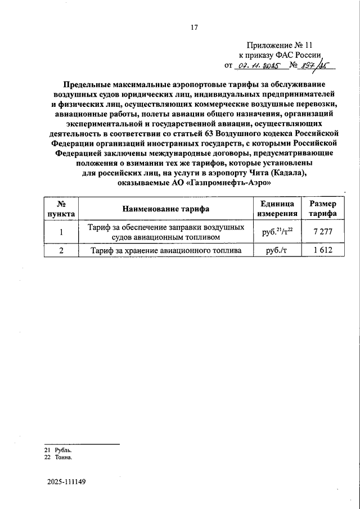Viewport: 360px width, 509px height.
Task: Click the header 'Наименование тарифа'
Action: point(166,209)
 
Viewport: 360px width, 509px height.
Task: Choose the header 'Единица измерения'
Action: point(277,209)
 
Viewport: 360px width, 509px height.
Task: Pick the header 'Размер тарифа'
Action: point(323,209)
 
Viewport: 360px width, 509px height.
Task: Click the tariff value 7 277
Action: point(323,232)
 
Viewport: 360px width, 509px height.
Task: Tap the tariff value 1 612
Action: point(323,250)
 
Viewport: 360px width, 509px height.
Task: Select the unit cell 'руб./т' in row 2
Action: point(277,250)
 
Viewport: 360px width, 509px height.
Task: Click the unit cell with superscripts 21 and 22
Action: point(277,232)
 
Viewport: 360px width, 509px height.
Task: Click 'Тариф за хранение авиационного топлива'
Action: point(166,250)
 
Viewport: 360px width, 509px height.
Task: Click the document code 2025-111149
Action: point(66,483)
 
